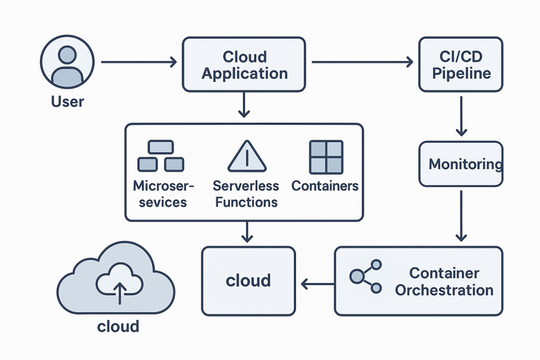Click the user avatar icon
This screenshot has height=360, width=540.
point(67,62)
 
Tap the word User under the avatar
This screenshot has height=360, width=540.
point(67,102)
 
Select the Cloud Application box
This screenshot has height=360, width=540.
point(244,65)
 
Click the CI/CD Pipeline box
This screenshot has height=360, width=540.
point(461,65)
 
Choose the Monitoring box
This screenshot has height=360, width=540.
point(461,164)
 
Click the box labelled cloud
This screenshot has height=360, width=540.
point(248,281)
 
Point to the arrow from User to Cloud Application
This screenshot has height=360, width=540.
point(139,62)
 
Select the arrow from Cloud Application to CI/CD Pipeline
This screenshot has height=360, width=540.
point(362,62)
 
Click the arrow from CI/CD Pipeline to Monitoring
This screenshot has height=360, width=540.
point(461,116)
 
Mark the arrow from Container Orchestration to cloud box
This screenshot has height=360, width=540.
point(317,284)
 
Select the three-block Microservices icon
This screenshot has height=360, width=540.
point(160,156)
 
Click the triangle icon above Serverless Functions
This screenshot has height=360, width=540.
point(247,156)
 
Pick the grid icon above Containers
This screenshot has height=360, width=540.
point(326,157)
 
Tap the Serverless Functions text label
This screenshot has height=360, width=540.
point(246,194)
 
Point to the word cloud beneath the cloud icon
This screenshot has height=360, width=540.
point(118,326)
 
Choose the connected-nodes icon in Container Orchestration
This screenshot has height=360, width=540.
point(366,276)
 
